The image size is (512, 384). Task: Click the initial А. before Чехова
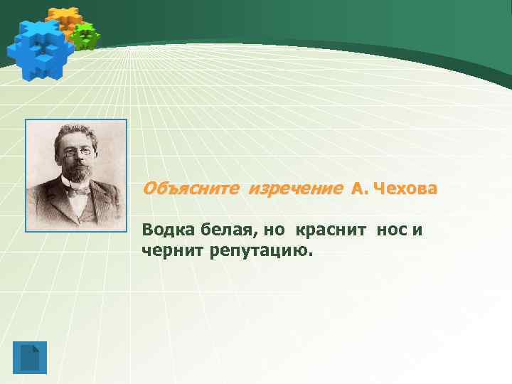click(359, 189)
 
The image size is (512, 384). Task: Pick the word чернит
click(173, 250)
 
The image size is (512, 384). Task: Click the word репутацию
click(260, 251)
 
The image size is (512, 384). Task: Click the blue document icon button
click(29, 357)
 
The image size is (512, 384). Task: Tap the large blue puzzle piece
click(39, 48)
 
